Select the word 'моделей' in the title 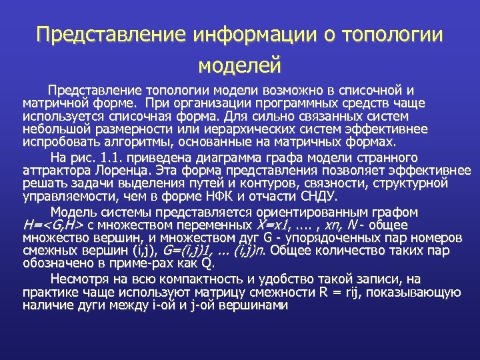point(240,65)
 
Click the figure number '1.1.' point(107,158)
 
